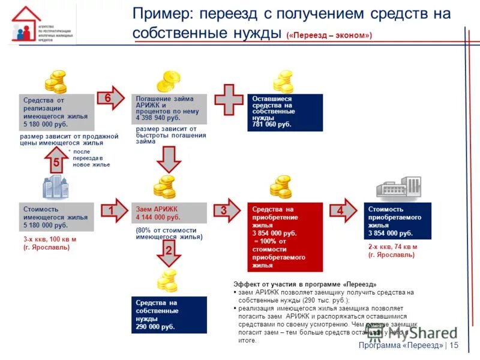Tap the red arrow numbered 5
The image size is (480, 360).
tap(56, 161)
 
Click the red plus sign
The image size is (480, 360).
tap(229, 100)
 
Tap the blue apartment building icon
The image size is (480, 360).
tap(56, 187)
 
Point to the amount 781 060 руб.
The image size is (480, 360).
tap(272, 125)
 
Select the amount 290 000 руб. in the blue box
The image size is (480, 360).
tap(155, 327)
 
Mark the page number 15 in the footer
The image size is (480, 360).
tap(454, 345)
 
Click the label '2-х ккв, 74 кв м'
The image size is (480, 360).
tap(392, 247)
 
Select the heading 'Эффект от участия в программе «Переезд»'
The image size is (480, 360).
tap(305, 284)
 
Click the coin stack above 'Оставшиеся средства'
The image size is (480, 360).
tap(283, 82)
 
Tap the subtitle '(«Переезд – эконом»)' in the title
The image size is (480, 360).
tap(329, 35)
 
